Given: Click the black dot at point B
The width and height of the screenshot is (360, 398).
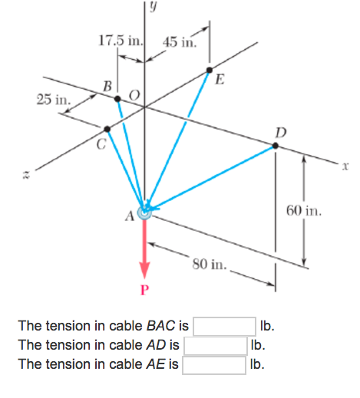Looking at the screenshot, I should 117,99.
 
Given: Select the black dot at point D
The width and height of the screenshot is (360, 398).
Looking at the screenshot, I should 275,146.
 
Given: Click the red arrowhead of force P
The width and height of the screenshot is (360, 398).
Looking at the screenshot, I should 144,270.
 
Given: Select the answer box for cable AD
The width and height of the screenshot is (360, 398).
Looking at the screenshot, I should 215,346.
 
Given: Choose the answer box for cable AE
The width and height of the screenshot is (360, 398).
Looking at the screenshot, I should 215,364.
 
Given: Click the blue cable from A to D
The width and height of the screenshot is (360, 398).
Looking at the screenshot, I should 211,177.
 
